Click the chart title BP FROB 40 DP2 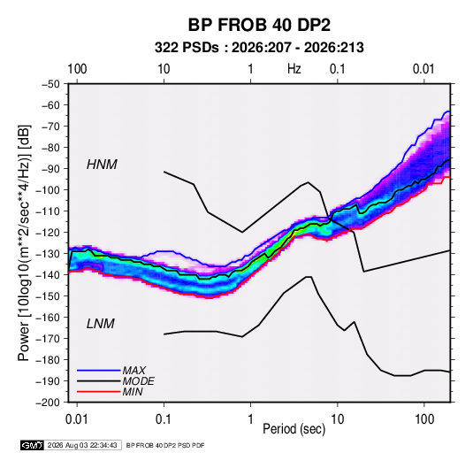coord(259,25)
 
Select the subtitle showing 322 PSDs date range coord(259,48)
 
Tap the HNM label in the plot coord(102,165)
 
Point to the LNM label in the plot coord(101,324)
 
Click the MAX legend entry coord(134,370)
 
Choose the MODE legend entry coord(138,381)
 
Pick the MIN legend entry coord(133,392)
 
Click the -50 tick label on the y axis coord(51,84)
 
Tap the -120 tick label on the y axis coord(48,233)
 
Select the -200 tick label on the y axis coord(48,403)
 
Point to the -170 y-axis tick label coord(48,339)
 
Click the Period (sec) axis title coord(294,429)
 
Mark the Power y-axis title coord(24,243)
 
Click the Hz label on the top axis coord(294,69)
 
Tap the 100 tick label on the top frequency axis coord(77,69)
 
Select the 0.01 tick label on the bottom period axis coord(77,419)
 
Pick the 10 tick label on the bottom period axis coord(337,419)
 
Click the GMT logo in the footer coord(32,445)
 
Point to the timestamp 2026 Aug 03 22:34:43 coord(82,445)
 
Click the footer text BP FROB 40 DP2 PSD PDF coord(165,445)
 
